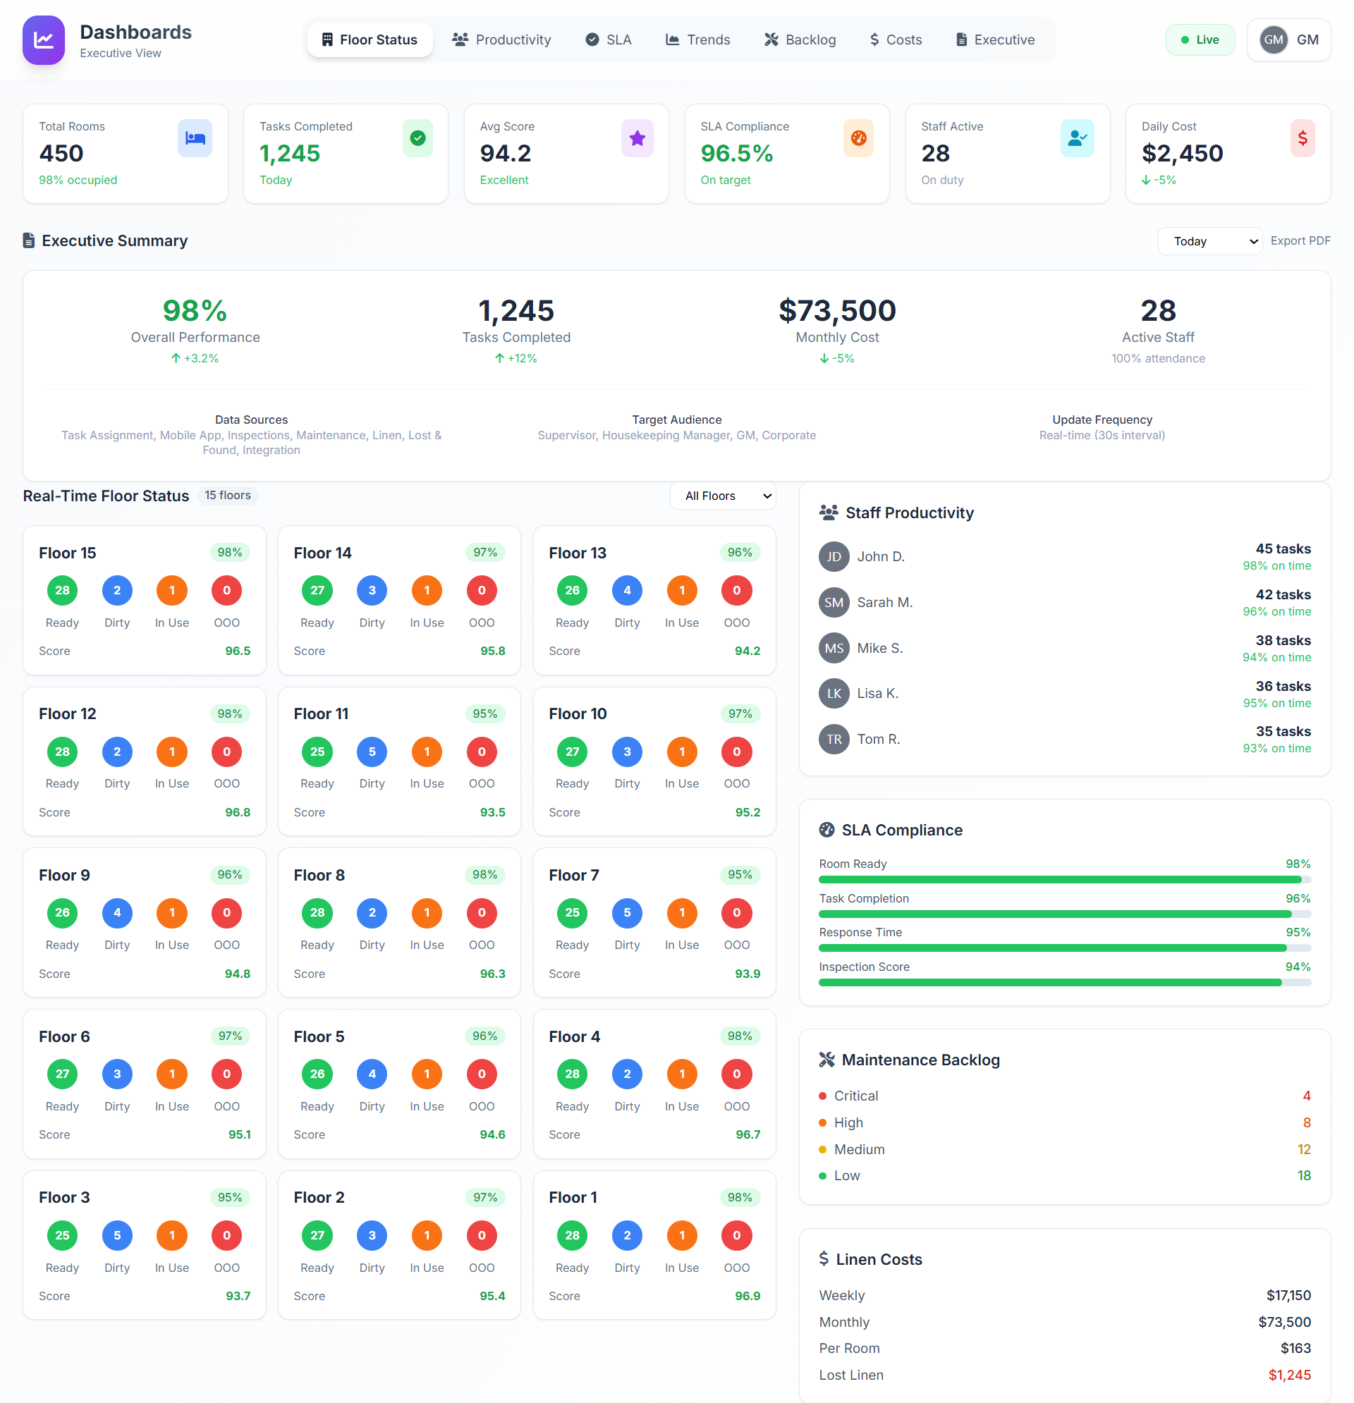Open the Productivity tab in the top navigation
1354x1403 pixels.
tap(501, 40)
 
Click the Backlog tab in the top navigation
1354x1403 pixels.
tap(800, 40)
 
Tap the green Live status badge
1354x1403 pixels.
tap(1200, 40)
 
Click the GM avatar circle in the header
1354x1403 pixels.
tap(1273, 40)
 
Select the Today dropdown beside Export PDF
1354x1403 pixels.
tap(1209, 241)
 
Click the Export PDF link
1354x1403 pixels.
tap(1300, 241)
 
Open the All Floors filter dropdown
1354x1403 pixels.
tap(722, 496)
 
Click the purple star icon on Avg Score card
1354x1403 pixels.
tap(637, 138)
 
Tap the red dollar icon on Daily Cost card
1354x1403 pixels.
tap(1302, 138)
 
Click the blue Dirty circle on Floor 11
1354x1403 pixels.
tap(372, 752)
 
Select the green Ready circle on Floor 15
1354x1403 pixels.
tap(62, 591)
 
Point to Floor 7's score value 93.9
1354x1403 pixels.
tap(747, 974)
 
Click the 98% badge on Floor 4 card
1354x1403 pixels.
tap(739, 1036)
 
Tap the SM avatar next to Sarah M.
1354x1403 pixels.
tap(834, 603)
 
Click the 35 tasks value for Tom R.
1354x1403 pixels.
tap(1282, 732)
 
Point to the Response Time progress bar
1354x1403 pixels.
tap(1064, 948)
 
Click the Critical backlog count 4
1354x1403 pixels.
tap(1306, 1096)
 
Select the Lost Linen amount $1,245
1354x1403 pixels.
tap(1289, 1375)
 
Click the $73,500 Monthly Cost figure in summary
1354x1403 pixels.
tap(837, 311)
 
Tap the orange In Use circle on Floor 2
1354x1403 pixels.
tap(427, 1235)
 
